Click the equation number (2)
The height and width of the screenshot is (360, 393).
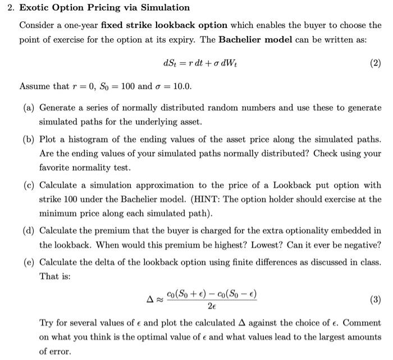(x=375, y=63)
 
